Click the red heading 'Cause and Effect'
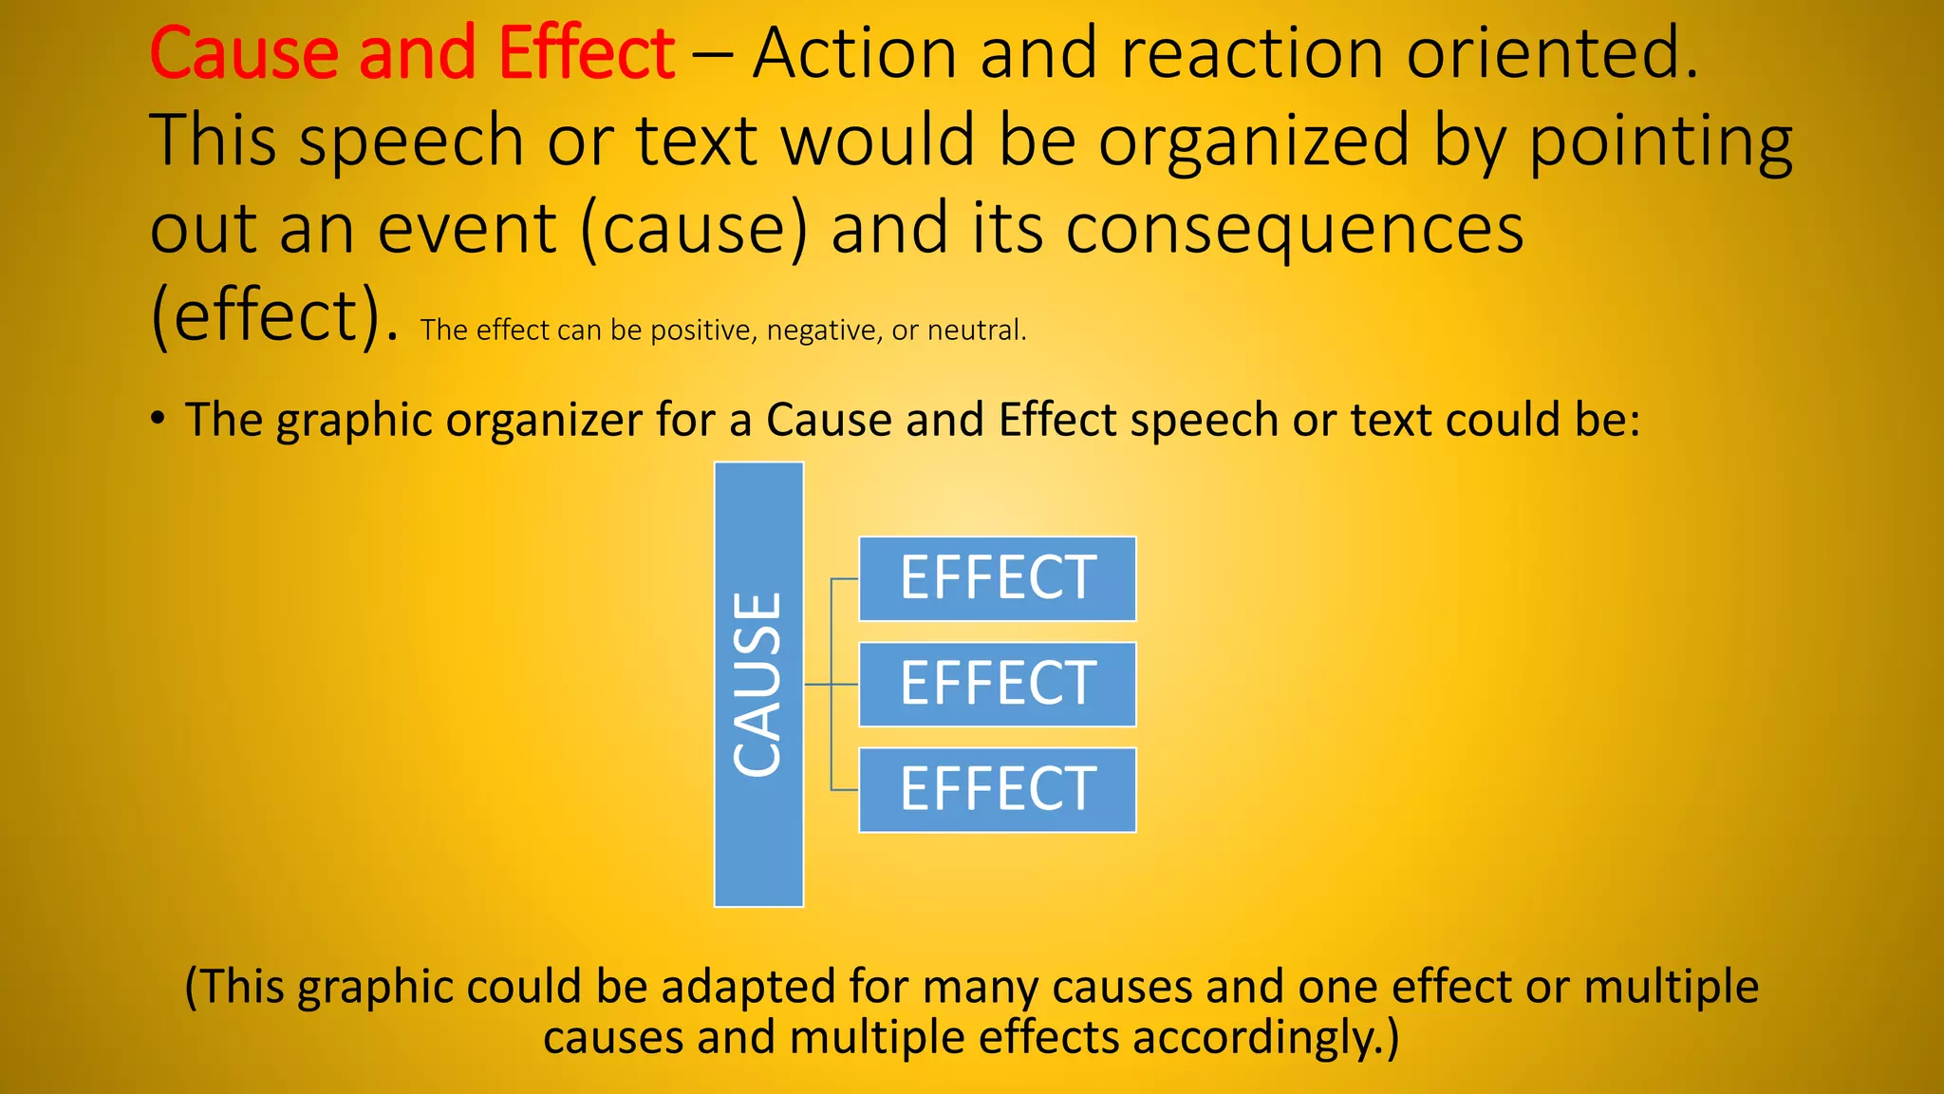412,53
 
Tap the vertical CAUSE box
758,684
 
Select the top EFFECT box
997,578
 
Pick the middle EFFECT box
997,684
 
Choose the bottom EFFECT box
997,789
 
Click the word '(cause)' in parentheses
693,230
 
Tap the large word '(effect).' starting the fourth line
274,316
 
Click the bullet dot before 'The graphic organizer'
159,418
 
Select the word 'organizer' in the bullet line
544,420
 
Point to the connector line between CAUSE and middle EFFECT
831,684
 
